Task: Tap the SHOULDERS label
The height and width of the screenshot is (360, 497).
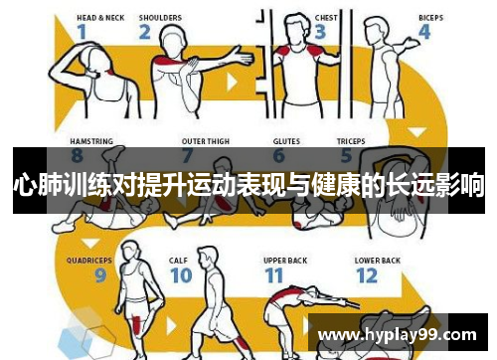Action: click(x=159, y=17)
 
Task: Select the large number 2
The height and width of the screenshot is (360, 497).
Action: click(x=145, y=33)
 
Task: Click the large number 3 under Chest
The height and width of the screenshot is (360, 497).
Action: click(x=318, y=33)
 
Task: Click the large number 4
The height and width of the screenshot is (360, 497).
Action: click(x=424, y=33)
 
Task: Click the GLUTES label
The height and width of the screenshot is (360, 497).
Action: click(x=285, y=140)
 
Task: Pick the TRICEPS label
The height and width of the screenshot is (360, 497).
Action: click(x=350, y=140)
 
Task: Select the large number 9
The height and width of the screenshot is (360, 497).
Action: click(x=100, y=276)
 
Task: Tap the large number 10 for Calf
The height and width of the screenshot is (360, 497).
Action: click(x=179, y=276)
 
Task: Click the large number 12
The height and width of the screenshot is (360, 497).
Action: click(x=367, y=276)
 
